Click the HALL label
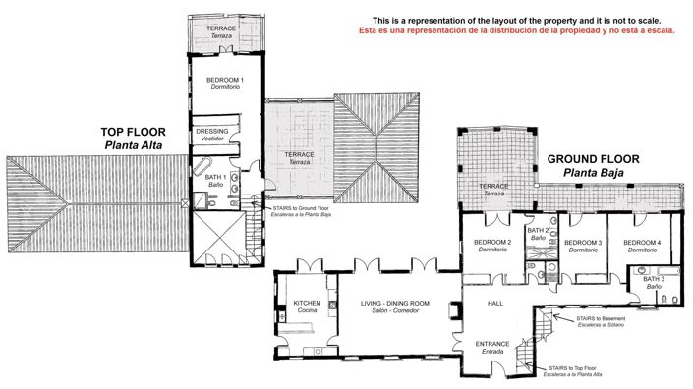495,304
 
